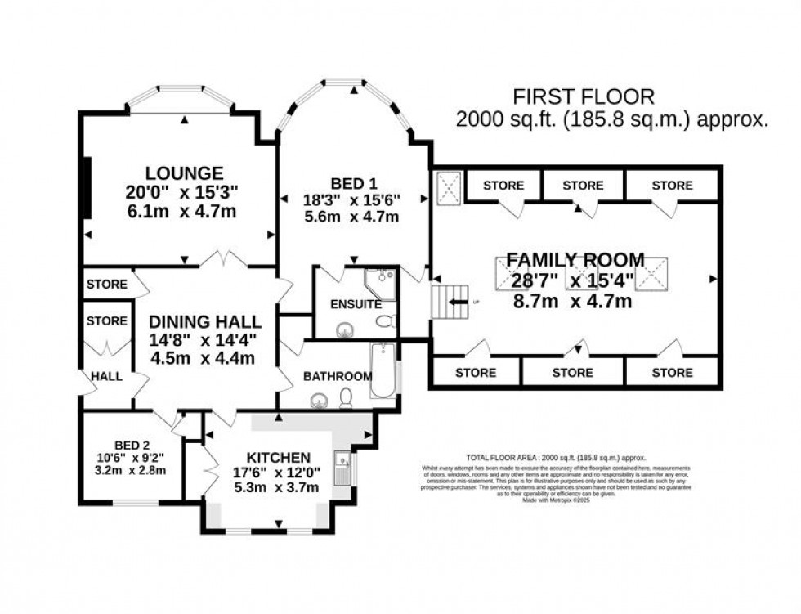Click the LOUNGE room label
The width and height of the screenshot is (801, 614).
pyautogui.click(x=184, y=173)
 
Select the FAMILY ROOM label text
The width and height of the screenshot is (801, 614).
pyautogui.click(x=575, y=260)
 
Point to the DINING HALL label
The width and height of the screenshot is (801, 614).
pyautogui.click(x=205, y=321)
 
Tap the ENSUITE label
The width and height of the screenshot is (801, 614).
pyautogui.click(x=356, y=304)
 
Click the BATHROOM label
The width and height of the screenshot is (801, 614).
pyautogui.click(x=338, y=376)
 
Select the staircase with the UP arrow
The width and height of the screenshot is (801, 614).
pyautogui.click(x=447, y=303)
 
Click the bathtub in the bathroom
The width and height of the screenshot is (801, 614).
pyautogui.click(x=383, y=372)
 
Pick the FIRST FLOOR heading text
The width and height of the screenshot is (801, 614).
pyautogui.click(x=584, y=96)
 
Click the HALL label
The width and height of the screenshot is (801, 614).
pyautogui.click(x=107, y=377)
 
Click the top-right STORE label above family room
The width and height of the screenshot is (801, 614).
pyautogui.click(x=672, y=186)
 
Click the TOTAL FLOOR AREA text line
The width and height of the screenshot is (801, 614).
pyautogui.click(x=556, y=458)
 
